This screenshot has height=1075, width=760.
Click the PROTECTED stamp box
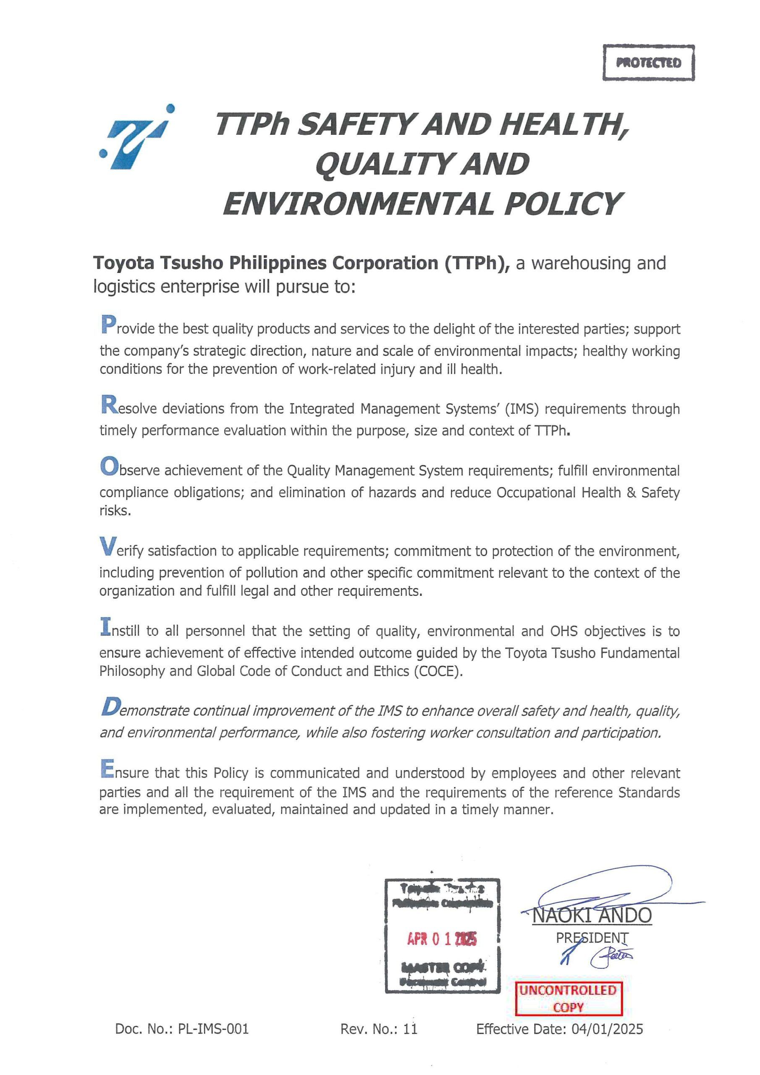(x=648, y=63)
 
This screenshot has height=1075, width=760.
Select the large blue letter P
(x=108, y=325)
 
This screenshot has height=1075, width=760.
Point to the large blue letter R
(x=108, y=406)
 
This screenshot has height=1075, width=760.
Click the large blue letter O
(x=108, y=467)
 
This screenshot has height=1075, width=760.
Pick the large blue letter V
(x=107, y=547)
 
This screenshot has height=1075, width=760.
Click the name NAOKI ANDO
(x=592, y=916)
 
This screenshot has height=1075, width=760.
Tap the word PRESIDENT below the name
(x=592, y=938)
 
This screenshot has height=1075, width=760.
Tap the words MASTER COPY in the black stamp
(x=443, y=969)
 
